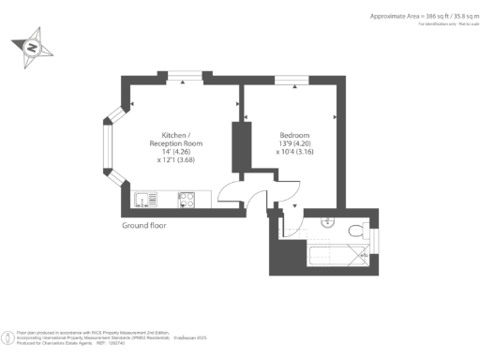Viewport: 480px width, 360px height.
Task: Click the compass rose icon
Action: pyautogui.click(x=32, y=46)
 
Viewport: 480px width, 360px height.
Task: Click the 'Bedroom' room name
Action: pyautogui.click(x=294, y=133)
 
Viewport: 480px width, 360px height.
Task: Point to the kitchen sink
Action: pyautogui.click(x=144, y=199)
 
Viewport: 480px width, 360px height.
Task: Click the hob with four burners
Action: pyautogui.click(x=186, y=199)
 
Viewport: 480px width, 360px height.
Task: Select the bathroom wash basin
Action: pyautogui.click(x=325, y=222)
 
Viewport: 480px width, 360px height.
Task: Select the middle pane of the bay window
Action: pyautogui.click(x=108, y=148)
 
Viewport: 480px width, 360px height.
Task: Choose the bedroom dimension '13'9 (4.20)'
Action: pyautogui.click(x=294, y=142)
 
